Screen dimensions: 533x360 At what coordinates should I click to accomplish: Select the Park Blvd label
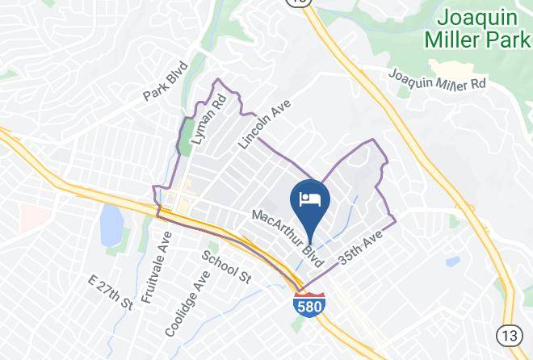pyautogui.click(x=166, y=81)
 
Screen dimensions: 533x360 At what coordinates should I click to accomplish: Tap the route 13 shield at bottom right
pyautogui.click(x=510, y=333)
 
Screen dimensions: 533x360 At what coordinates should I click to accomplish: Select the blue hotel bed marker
pyautogui.click(x=309, y=201)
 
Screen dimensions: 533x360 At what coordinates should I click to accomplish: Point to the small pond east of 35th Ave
pyautogui.click(x=453, y=262)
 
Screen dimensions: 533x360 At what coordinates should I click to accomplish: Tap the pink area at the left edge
pyautogui.click(x=30, y=216)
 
